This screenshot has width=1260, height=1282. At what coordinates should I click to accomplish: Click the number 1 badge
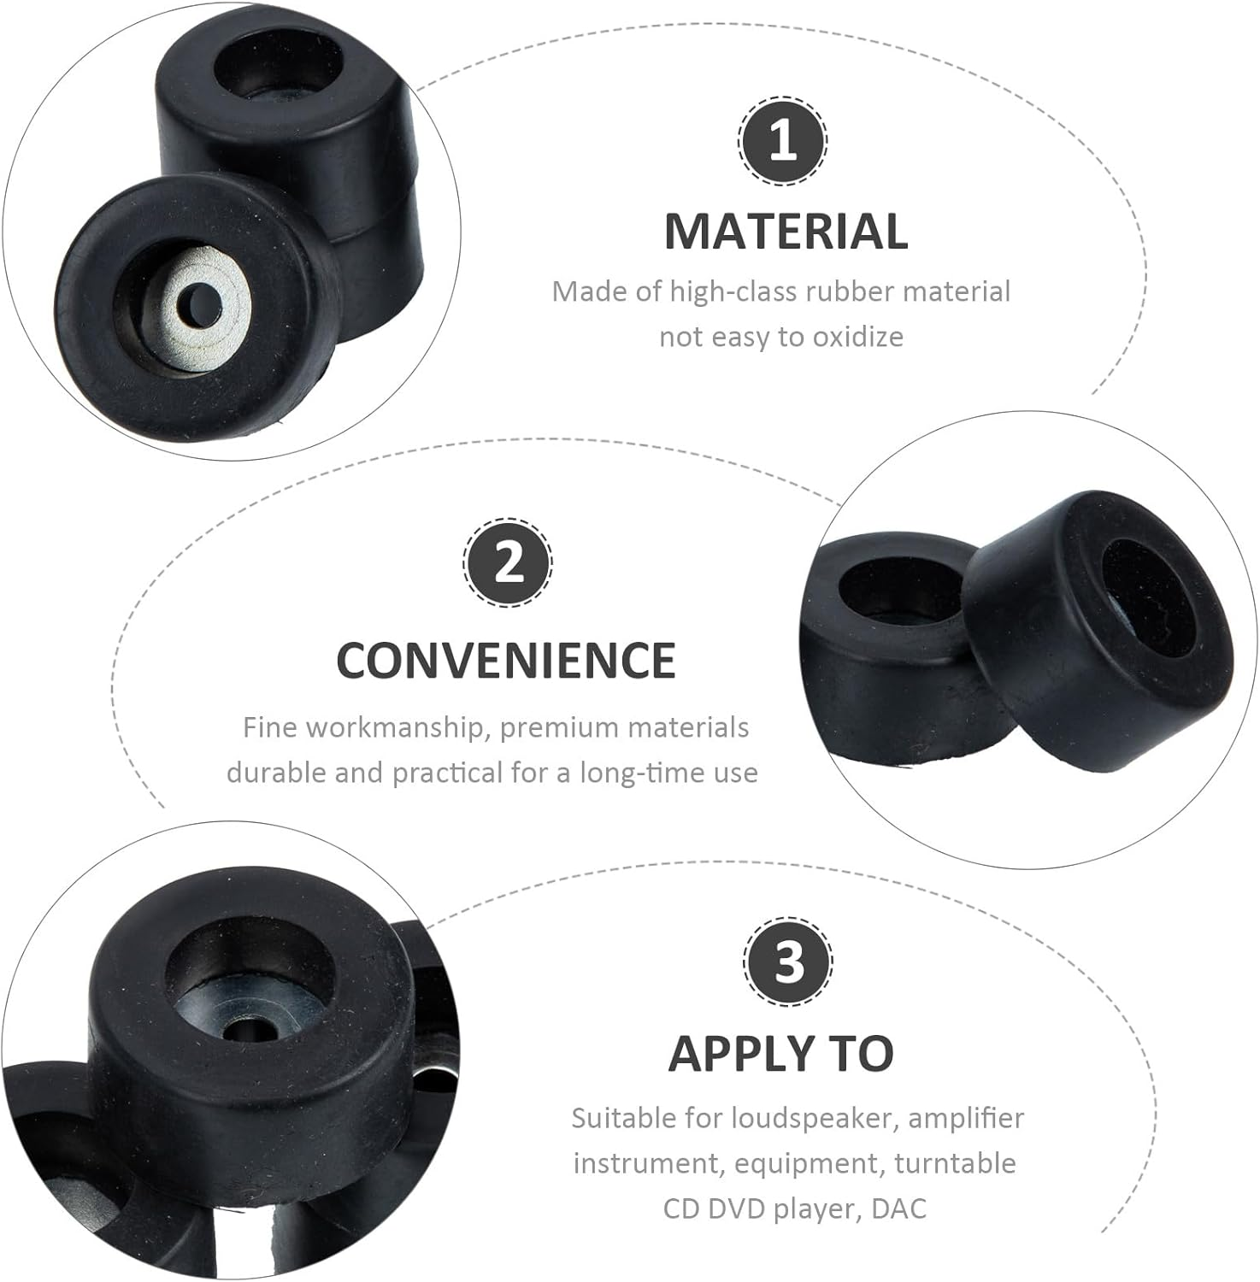[x=783, y=141]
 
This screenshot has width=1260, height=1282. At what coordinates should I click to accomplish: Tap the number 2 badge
[x=508, y=563]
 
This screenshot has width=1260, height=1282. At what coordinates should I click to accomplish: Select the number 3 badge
[x=787, y=961]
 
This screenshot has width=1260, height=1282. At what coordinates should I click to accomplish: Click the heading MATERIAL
[x=786, y=232]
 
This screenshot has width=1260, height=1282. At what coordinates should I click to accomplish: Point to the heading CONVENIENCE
[x=506, y=660]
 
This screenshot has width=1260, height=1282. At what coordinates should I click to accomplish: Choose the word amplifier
[x=966, y=1118]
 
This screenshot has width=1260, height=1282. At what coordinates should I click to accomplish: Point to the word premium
[x=559, y=727]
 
